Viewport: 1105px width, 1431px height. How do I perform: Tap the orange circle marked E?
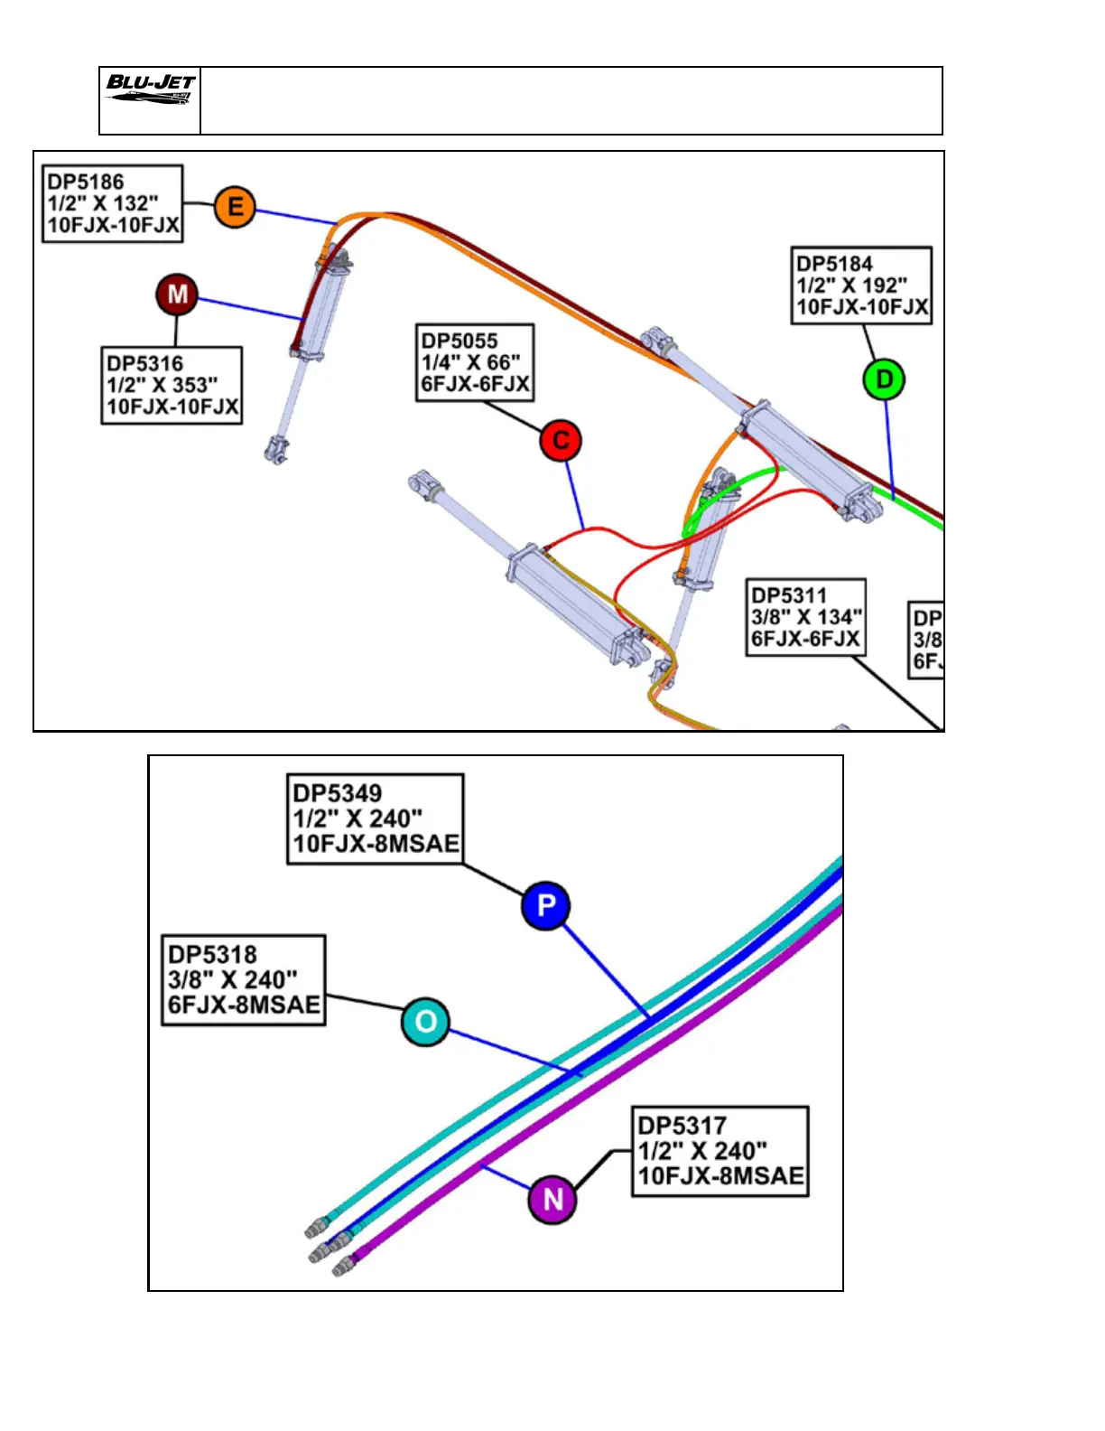[x=235, y=207]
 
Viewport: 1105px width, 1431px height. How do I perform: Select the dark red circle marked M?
[x=177, y=294]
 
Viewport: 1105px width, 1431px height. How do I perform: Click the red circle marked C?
[x=561, y=441]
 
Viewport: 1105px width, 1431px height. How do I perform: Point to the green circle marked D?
[x=885, y=379]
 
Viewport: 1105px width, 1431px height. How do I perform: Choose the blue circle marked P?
[x=545, y=905]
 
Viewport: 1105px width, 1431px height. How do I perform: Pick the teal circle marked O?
[x=425, y=1022]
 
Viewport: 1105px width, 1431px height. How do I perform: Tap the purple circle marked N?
[x=552, y=1200]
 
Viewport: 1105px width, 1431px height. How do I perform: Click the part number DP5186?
[x=86, y=182]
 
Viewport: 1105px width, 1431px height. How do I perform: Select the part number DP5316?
[x=145, y=364]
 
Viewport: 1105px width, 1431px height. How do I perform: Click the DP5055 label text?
[x=460, y=341]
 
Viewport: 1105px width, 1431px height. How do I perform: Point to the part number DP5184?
[x=835, y=264]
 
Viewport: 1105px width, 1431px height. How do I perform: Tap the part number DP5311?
[x=789, y=596]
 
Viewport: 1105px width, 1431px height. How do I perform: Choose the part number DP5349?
[x=338, y=793]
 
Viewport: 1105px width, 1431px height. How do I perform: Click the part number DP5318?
[x=213, y=955]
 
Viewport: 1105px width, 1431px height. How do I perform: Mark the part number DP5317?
[x=682, y=1126]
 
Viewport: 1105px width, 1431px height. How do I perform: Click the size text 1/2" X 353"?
[x=162, y=386]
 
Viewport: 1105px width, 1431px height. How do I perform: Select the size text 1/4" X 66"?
[x=471, y=363]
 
